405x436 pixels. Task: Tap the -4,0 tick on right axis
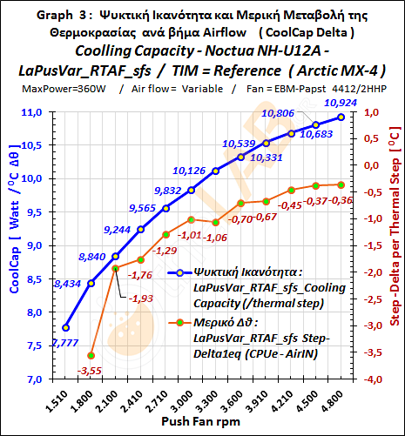(371, 379)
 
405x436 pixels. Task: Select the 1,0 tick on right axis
(369, 112)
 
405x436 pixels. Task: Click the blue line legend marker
(179, 272)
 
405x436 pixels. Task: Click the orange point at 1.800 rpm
(91, 355)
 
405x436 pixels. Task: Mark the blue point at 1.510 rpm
(66, 327)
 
